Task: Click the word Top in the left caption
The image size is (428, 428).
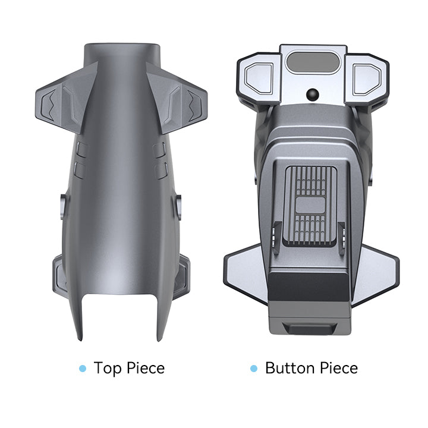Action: pyautogui.click(x=108, y=368)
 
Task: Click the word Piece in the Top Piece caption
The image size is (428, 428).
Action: pyautogui.click(x=146, y=368)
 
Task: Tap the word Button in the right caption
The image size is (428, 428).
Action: pyautogui.click(x=290, y=368)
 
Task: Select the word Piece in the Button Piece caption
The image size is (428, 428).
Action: pyautogui.click(x=339, y=368)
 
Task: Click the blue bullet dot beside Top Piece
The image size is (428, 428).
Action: pyautogui.click(x=83, y=369)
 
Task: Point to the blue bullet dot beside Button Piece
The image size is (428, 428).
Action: pyautogui.click(x=254, y=369)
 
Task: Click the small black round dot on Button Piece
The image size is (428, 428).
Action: pyautogui.click(x=313, y=95)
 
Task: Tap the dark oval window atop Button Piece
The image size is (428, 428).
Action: pyautogui.click(x=313, y=63)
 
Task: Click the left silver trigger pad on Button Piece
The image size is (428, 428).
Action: pyautogui.click(x=259, y=78)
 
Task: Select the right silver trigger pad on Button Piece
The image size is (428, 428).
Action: pyautogui.click(x=367, y=78)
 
